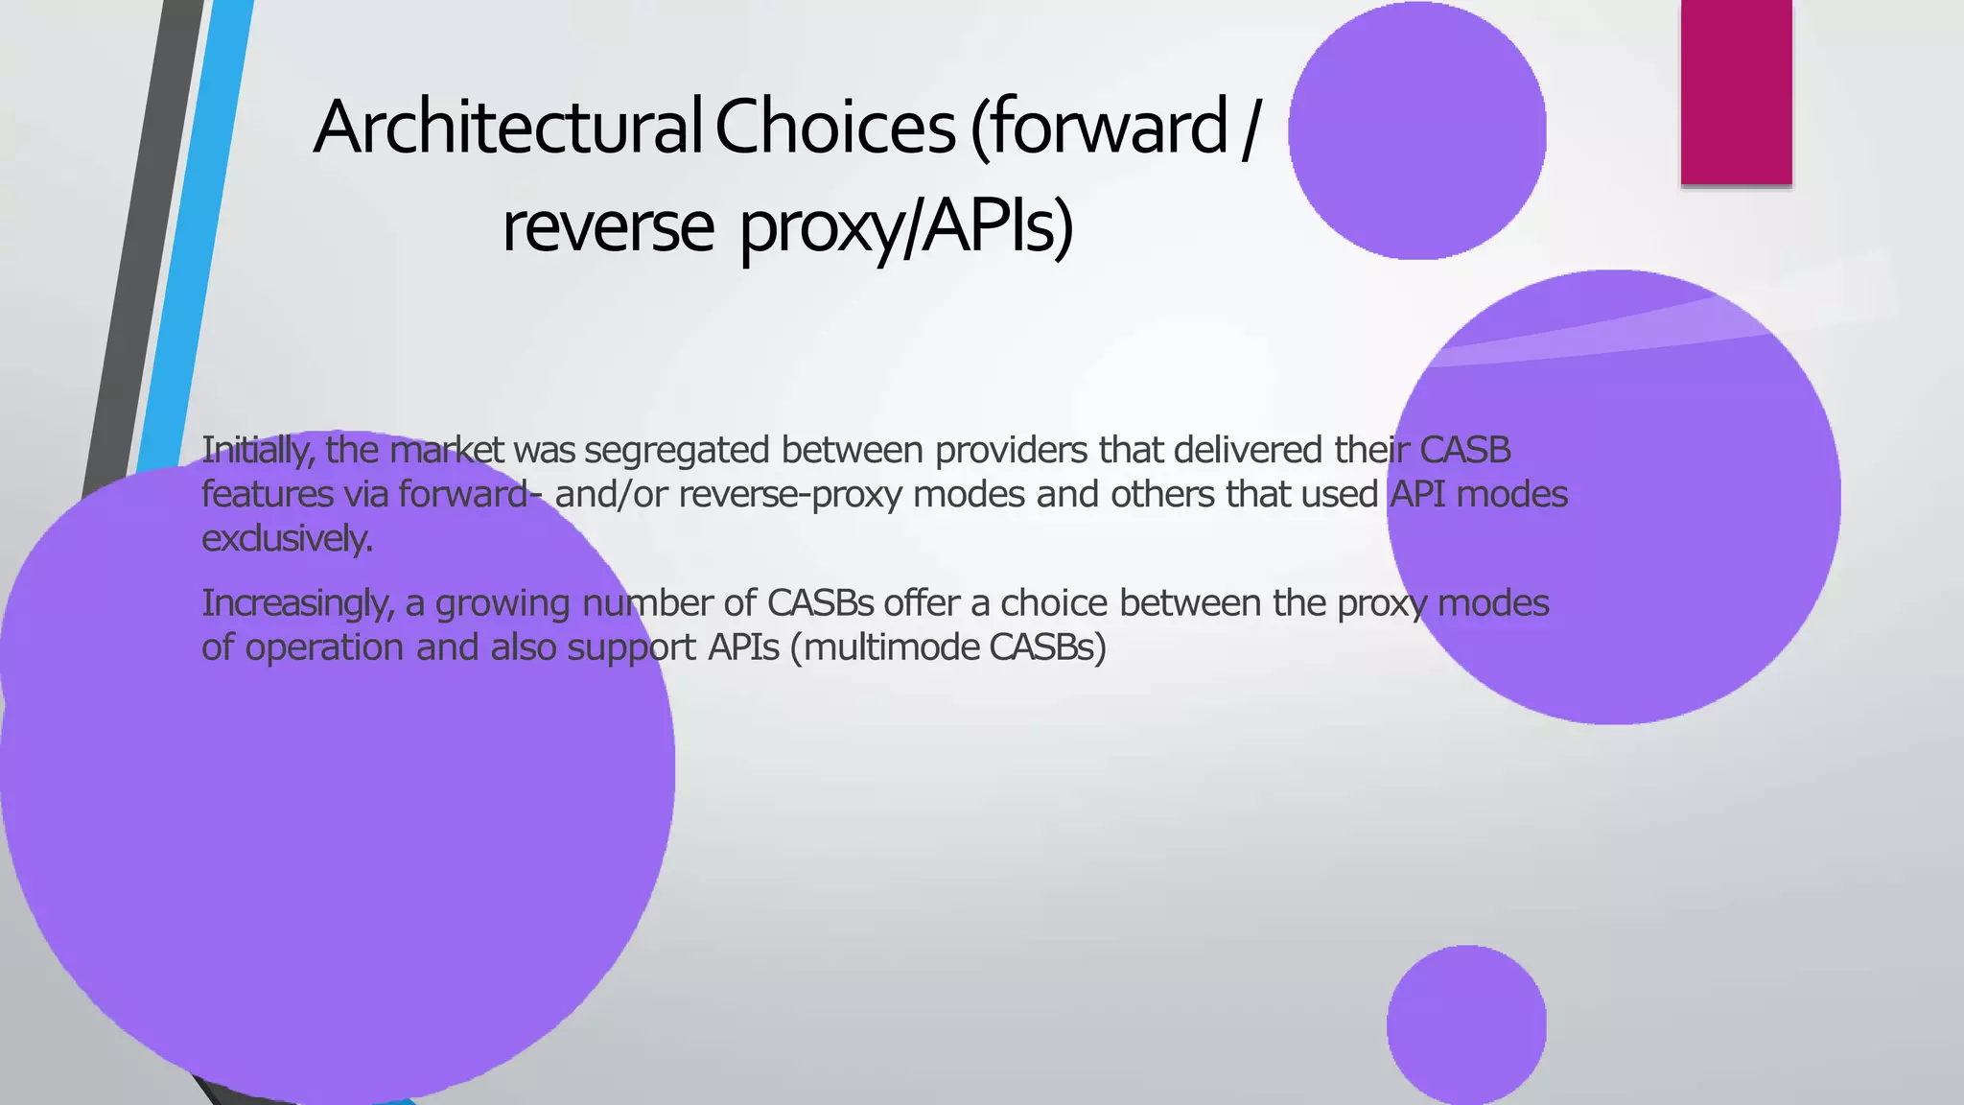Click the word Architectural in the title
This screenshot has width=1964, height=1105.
point(508,128)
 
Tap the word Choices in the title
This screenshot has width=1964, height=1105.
point(835,128)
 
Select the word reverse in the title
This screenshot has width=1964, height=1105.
point(608,228)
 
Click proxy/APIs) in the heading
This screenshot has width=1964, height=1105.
point(906,228)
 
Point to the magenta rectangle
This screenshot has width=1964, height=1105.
point(1736,92)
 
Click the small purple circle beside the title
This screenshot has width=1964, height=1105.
point(1416,130)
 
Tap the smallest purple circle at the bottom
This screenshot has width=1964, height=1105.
point(1466,1024)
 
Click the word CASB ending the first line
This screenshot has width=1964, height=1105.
point(1464,450)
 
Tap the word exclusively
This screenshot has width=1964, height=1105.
point(287,539)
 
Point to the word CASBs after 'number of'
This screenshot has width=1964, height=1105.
point(820,604)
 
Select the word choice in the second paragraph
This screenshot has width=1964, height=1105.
point(1054,604)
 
